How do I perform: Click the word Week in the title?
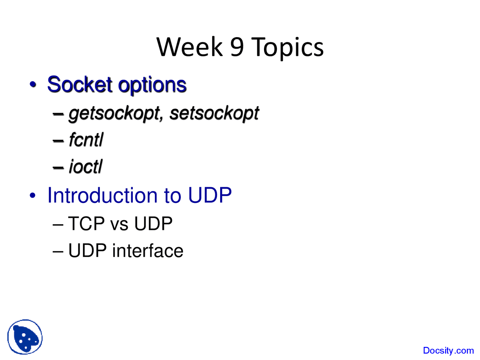(189, 47)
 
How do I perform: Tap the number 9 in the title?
(237, 47)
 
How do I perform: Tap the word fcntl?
(86, 140)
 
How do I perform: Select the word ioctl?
(85, 167)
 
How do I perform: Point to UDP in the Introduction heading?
(210, 195)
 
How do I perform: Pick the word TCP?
(86, 224)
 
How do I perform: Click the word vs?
(119, 224)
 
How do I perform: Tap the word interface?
(147, 251)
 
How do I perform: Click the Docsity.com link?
(448, 351)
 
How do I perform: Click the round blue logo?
(25, 337)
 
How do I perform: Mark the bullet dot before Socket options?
(33, 84)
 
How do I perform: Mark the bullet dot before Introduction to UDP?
(33, 195)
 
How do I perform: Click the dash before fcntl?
(58, 141)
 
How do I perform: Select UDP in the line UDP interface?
(87, 251)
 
